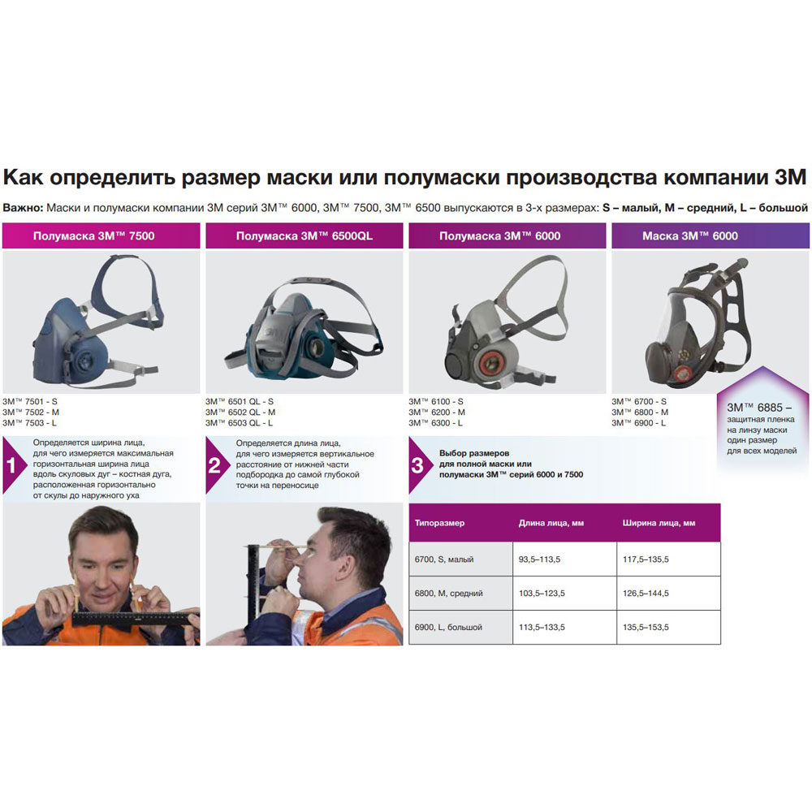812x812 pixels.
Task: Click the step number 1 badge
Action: pyautogui.click(x=13, y=466)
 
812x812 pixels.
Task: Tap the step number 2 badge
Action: pyautogui.click(x=215, y=466)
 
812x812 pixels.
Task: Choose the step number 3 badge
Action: pyautogui.click(x=417, y=466)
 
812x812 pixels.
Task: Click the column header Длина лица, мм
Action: pyautogui.click(x=551, y=523)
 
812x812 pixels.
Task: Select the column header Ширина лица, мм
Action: pyautogui.click(x=659, y=523)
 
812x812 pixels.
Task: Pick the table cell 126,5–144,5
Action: pyautogui.click(x=646, y=594)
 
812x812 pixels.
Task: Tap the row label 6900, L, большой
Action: pyautogui.click(x=449, y=628)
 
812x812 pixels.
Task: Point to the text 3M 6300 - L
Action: pyautogui.click(x=436, y=422)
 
